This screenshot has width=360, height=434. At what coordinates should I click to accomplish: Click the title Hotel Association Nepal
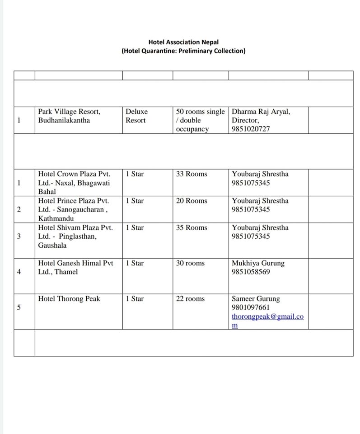click(183, 42)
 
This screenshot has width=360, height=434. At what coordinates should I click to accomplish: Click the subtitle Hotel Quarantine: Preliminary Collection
click(183, 51)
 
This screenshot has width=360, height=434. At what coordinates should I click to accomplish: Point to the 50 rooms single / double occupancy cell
click(200, 120)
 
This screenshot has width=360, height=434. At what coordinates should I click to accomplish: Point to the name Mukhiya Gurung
click(258, 263)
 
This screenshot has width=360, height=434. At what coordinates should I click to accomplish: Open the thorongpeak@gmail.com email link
click(267, 316)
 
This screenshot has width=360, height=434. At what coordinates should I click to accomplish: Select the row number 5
click(19, 307)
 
